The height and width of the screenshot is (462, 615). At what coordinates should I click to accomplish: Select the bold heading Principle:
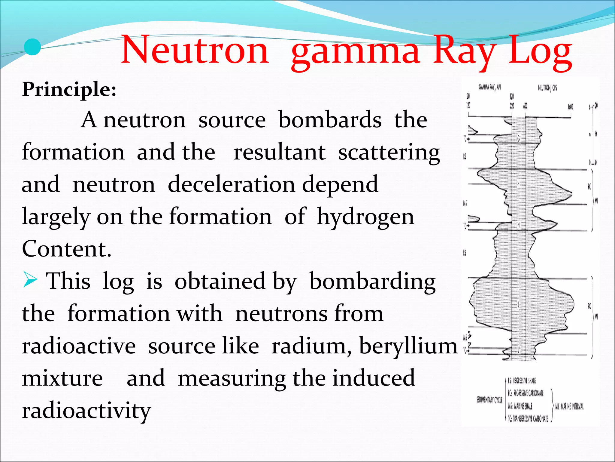click(69, 89)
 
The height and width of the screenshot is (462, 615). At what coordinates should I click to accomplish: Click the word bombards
click(330, 120)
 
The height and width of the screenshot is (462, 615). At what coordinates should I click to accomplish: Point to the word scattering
click(389, 153)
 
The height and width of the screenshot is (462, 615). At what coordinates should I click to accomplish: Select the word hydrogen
click(365, 217)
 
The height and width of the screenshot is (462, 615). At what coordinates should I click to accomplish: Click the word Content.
click(66, 249)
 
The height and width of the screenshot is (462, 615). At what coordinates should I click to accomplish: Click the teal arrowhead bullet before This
click(30, 280)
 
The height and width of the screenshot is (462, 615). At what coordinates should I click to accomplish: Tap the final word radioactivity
click(86, 411)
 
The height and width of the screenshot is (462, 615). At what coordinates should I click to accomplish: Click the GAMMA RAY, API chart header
click(489, 88)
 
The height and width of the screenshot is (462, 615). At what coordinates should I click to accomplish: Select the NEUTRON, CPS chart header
click(547, 88)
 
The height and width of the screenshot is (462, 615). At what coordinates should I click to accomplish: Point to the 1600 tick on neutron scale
click(570, 107)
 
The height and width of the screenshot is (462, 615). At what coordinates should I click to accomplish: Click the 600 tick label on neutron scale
click(525, 106)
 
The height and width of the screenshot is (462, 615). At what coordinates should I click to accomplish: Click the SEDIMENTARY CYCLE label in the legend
click(489, 400)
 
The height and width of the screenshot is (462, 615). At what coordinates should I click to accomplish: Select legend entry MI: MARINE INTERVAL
click(569, 407)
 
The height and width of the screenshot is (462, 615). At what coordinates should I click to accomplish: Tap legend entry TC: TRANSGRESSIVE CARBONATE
click(528, 418)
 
